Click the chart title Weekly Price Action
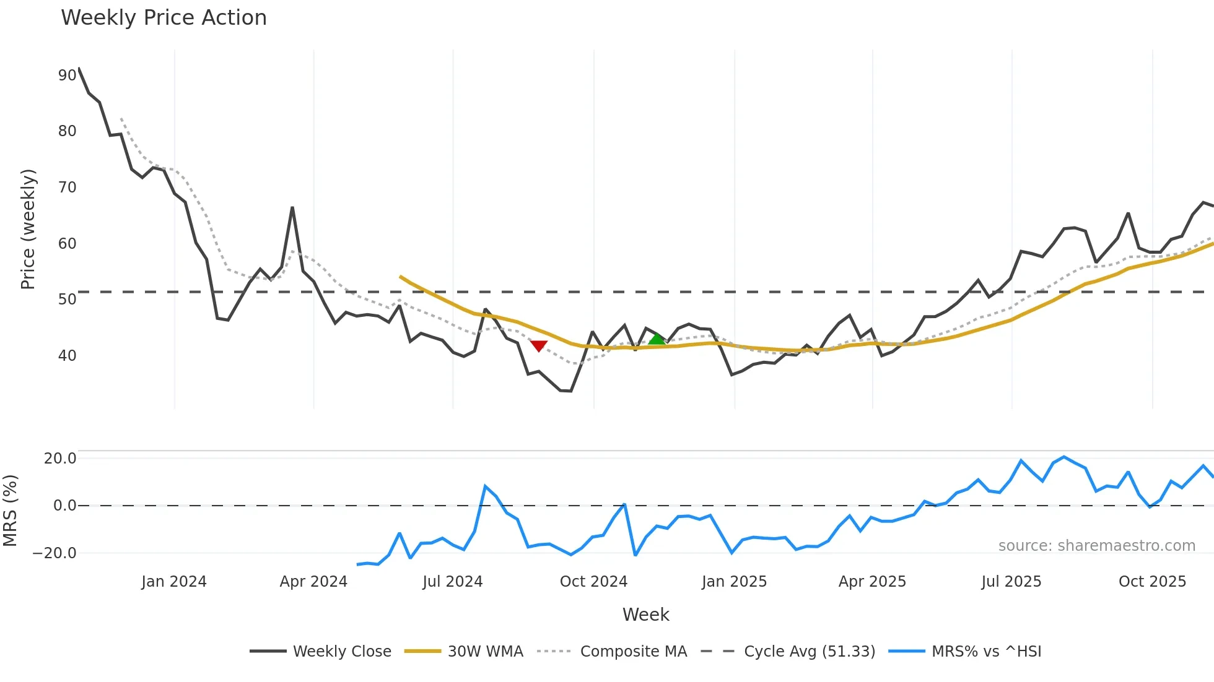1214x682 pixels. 164,18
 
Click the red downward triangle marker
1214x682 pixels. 539,345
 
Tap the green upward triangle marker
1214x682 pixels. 657,339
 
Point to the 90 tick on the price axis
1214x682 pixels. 67,76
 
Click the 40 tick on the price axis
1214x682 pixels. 67,356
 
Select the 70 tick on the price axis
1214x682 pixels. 67,188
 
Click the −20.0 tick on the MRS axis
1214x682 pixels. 55,553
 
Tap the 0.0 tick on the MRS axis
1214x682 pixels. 64,506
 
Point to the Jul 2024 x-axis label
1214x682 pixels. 452,582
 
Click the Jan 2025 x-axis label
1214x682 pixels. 734,582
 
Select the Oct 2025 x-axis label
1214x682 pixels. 1152,582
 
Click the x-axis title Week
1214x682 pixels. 645,615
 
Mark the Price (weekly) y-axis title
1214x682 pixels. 28,229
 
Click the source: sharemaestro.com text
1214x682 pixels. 1096,546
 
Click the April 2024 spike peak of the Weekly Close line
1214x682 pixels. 292,208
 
